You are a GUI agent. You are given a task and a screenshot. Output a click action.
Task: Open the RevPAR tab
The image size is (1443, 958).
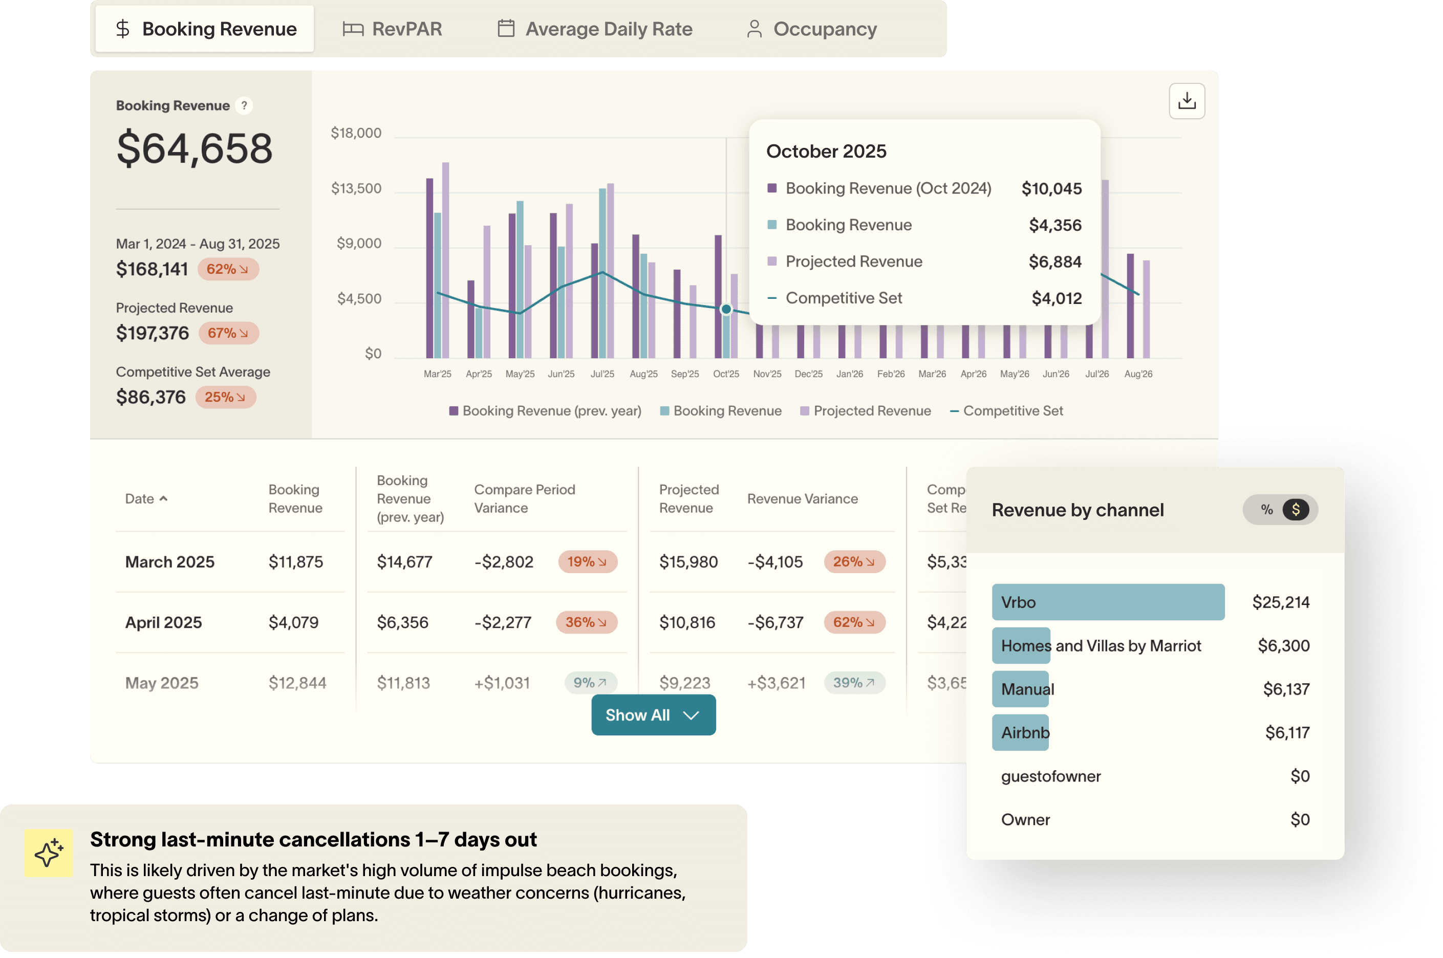(x=393, y=29)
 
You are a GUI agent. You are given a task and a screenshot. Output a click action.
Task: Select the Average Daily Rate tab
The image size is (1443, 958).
(x=595, y=29)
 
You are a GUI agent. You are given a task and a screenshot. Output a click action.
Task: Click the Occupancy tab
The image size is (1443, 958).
(x=812, y=29)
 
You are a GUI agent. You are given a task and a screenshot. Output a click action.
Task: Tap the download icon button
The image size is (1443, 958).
(x=1187, y=101)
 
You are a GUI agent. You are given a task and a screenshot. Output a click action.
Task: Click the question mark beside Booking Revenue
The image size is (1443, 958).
(x=244, y=106)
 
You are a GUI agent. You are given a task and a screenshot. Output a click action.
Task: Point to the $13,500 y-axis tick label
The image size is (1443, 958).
(x=356, y=188)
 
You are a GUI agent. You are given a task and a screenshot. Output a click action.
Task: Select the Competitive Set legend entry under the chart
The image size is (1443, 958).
(x=1006, y=411)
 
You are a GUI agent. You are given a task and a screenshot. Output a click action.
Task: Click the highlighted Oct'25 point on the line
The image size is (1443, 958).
(x=726, y=309)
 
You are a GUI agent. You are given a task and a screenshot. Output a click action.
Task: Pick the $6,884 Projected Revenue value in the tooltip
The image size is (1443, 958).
(x=1055, y=262)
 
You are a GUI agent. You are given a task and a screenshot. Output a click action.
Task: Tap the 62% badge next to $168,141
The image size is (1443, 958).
(x=227, y=269)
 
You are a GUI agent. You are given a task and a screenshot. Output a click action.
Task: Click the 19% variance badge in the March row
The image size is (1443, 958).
(x=587, y=562)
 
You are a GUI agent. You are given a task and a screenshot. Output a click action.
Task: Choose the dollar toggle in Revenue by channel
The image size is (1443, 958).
(x=1296, y=510)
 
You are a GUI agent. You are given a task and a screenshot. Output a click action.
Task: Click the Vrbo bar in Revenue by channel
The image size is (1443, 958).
(x=1108, y=602)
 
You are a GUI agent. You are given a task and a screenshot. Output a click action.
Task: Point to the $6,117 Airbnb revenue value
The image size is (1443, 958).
(x=1287, y=732)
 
